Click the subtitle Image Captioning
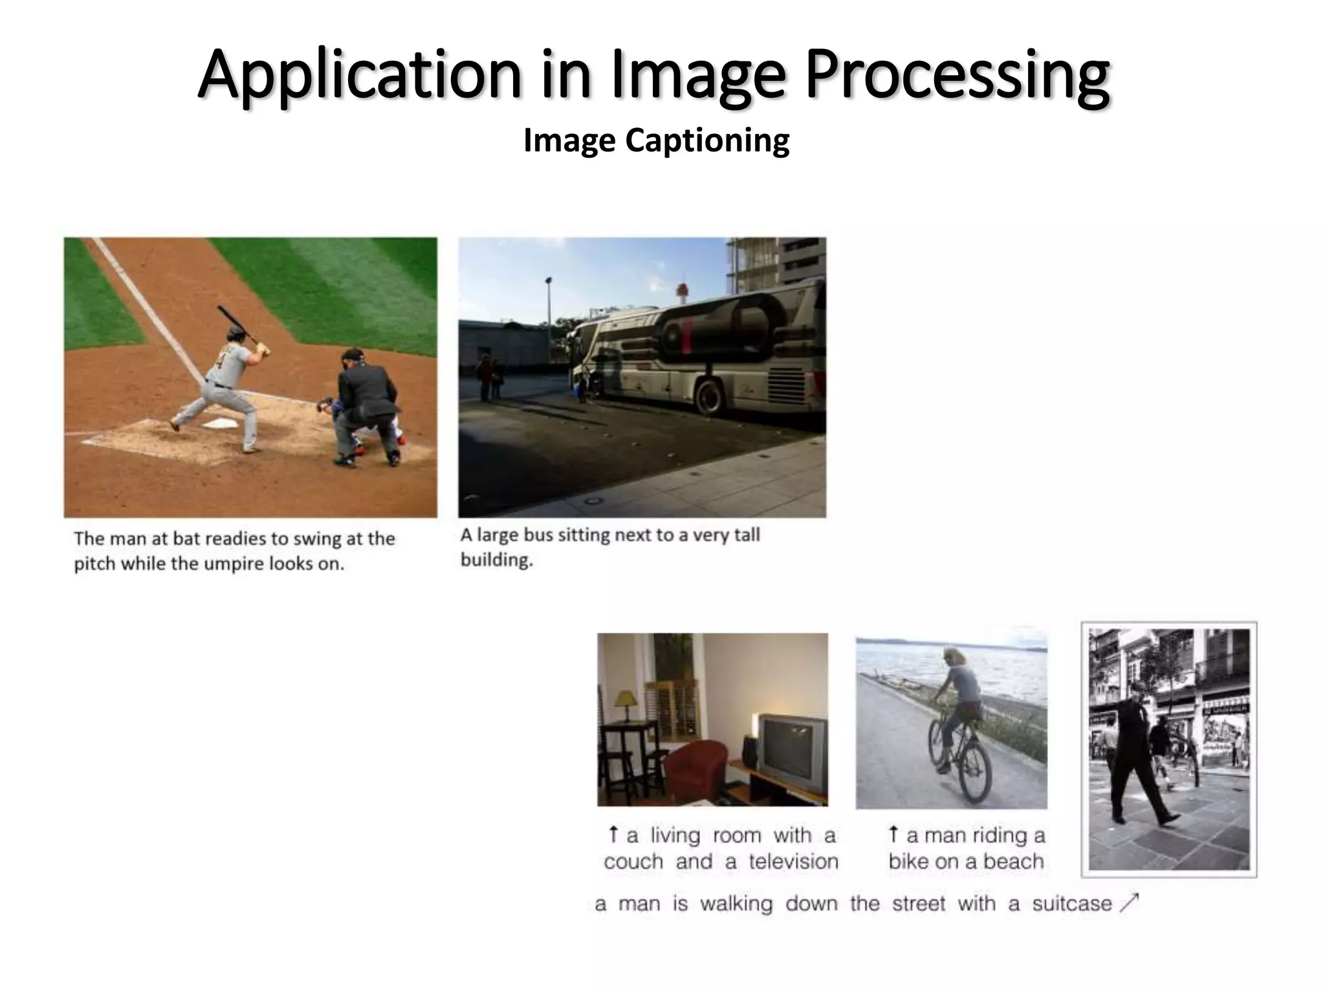coord(656,140)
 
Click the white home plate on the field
coord(221,424)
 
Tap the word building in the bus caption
coord(496,560)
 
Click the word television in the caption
coord(793,861)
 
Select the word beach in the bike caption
coord(1013,861)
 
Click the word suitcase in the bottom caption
coord(1071,903)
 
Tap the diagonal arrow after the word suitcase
coord(1128,902)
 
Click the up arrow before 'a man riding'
coord(893,834)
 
